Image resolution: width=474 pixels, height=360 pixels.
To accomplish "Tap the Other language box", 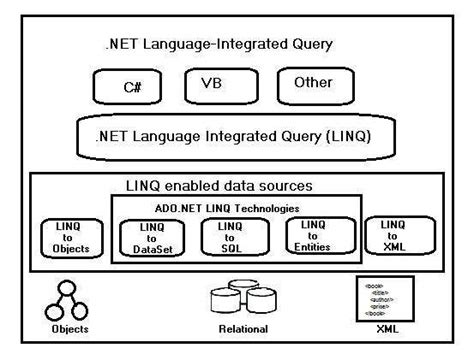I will pyautogui.click(x=313, y=84).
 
